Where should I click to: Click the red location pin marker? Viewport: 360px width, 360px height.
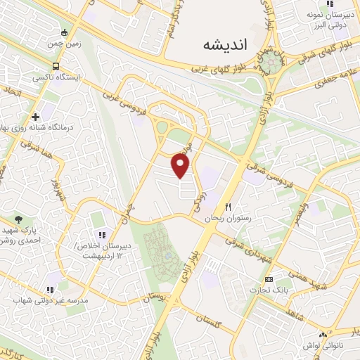click(181, 165)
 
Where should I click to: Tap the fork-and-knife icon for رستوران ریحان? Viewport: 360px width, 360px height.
click(229, 207)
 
